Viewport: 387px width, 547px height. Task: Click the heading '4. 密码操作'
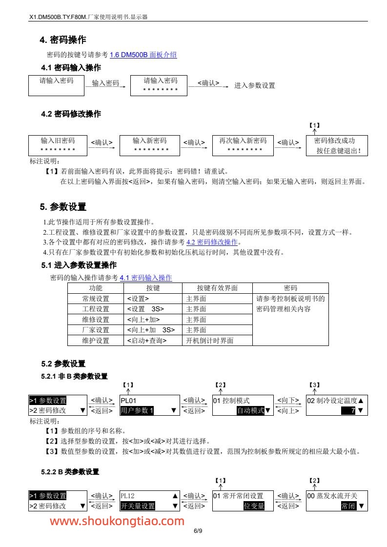click(x=63, y=40)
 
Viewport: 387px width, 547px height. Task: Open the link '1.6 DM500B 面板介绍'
click(x=143, y=55)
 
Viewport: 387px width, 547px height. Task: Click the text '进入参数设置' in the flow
click(x=254, y=85)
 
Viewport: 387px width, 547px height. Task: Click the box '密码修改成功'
click(x=337, y=145)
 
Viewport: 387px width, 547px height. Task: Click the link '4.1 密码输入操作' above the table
click(x=146, y=278)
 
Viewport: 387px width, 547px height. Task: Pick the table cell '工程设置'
click(x=96, y=309)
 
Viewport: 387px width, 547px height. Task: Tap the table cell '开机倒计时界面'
click(x=210, y=341)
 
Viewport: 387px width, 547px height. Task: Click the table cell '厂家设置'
click(x=96, y=330)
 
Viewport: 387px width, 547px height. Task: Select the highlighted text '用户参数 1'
click(x=137, y=410)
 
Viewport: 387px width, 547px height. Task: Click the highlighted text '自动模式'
click(x=250, y=410)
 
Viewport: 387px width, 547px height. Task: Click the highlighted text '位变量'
click(x=254, y=506)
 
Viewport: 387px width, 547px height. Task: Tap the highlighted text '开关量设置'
click(x=138, y=506)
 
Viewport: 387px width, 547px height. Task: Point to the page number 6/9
click(x=198, y=531)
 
